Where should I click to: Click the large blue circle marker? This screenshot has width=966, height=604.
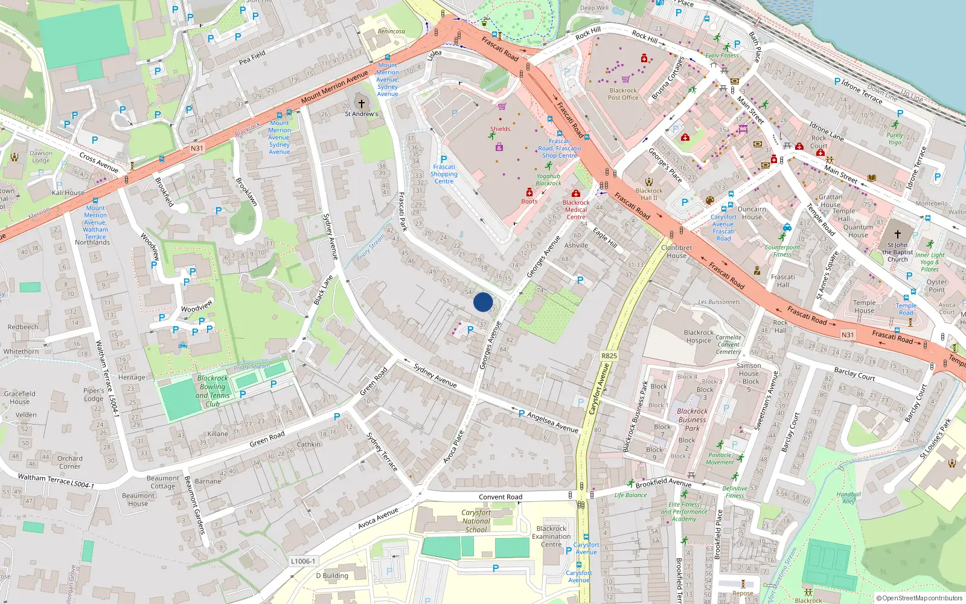coord(483,302)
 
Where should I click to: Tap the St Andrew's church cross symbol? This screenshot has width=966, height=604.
coord(362,103)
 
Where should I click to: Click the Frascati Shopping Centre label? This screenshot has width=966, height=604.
coord(444,174)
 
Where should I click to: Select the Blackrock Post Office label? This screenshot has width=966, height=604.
coord(622,94)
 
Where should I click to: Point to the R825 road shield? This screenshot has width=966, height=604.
coord(609,356)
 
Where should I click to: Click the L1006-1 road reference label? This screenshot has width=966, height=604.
coord(303,561)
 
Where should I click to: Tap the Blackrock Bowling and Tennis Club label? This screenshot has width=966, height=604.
coord(213,391)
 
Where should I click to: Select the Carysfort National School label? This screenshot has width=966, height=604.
coord(476,521)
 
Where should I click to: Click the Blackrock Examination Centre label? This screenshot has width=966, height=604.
coord(551,536)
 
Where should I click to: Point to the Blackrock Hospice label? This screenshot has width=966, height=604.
coord(699,336)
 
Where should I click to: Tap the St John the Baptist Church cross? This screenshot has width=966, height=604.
coord(897,234)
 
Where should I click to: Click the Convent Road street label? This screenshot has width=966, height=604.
coord(501,497)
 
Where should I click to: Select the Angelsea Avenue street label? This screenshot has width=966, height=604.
coord(552,422)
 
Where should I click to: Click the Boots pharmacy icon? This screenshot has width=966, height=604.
coord(529,193)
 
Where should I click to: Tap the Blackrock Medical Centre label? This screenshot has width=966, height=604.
coord(576,210)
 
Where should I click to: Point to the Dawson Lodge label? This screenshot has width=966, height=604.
coord(41,156)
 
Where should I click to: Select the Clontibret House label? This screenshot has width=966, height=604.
coord(676,251)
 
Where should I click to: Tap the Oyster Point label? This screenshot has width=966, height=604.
coord(936,286)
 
